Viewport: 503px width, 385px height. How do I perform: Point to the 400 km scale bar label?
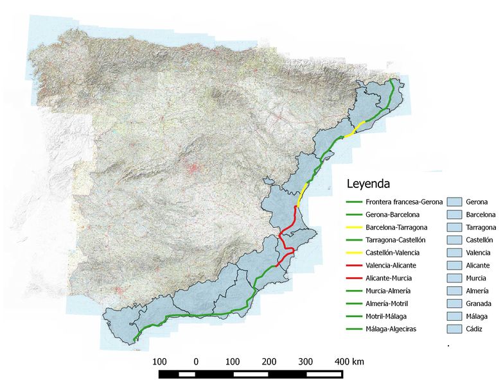[349, 361]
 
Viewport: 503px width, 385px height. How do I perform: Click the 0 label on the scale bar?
[196, 361]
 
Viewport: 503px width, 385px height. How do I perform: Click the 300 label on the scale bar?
[306, 361]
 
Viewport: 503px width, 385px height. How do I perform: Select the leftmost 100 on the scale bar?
[160, 361]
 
